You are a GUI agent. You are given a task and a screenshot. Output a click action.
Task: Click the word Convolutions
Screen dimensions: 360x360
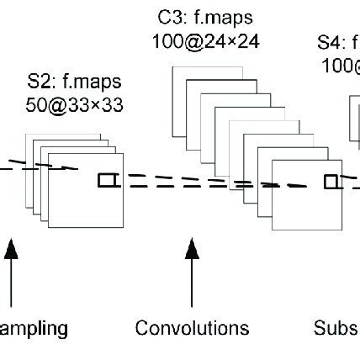click(192, 327)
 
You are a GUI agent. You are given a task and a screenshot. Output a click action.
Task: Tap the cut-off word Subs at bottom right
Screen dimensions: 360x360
click(336, 327)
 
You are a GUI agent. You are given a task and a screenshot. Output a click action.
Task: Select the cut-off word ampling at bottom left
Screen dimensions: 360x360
click(34, 327)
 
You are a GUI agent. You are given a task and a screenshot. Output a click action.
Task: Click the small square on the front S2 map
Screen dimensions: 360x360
click(105, 179)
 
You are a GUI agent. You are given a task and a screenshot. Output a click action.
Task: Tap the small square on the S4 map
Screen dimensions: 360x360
click(331, 181)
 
